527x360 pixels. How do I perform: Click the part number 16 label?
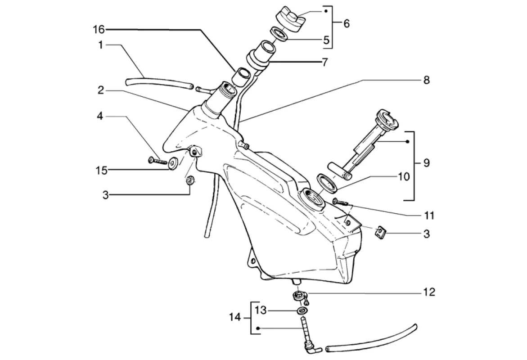tap(99, 30)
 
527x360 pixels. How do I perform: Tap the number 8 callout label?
tap(426, 81)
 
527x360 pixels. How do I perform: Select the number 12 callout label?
tap(429, 292)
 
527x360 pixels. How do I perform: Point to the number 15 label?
tap(101, 171)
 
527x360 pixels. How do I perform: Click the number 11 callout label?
tap(429, 215)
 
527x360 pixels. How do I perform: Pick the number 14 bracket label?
tap(235, 317)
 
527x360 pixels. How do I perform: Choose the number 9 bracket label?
tap(426, 163)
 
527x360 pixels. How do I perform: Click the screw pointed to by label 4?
tap(158, 161)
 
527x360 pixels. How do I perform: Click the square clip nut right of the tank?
tap(380, 231)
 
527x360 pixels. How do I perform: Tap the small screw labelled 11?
tap(341, 202)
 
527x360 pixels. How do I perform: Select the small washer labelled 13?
tap(302, 310)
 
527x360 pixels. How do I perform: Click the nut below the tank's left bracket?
tap(189, 180)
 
